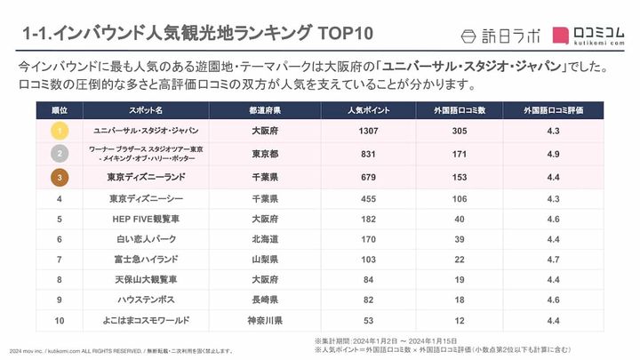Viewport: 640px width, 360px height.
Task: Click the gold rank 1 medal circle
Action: point(59,130)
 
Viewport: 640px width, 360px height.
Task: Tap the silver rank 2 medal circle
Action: point(59,153)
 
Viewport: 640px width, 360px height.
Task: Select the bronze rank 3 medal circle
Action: point(59,176)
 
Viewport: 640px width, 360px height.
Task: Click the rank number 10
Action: point(59,320)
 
